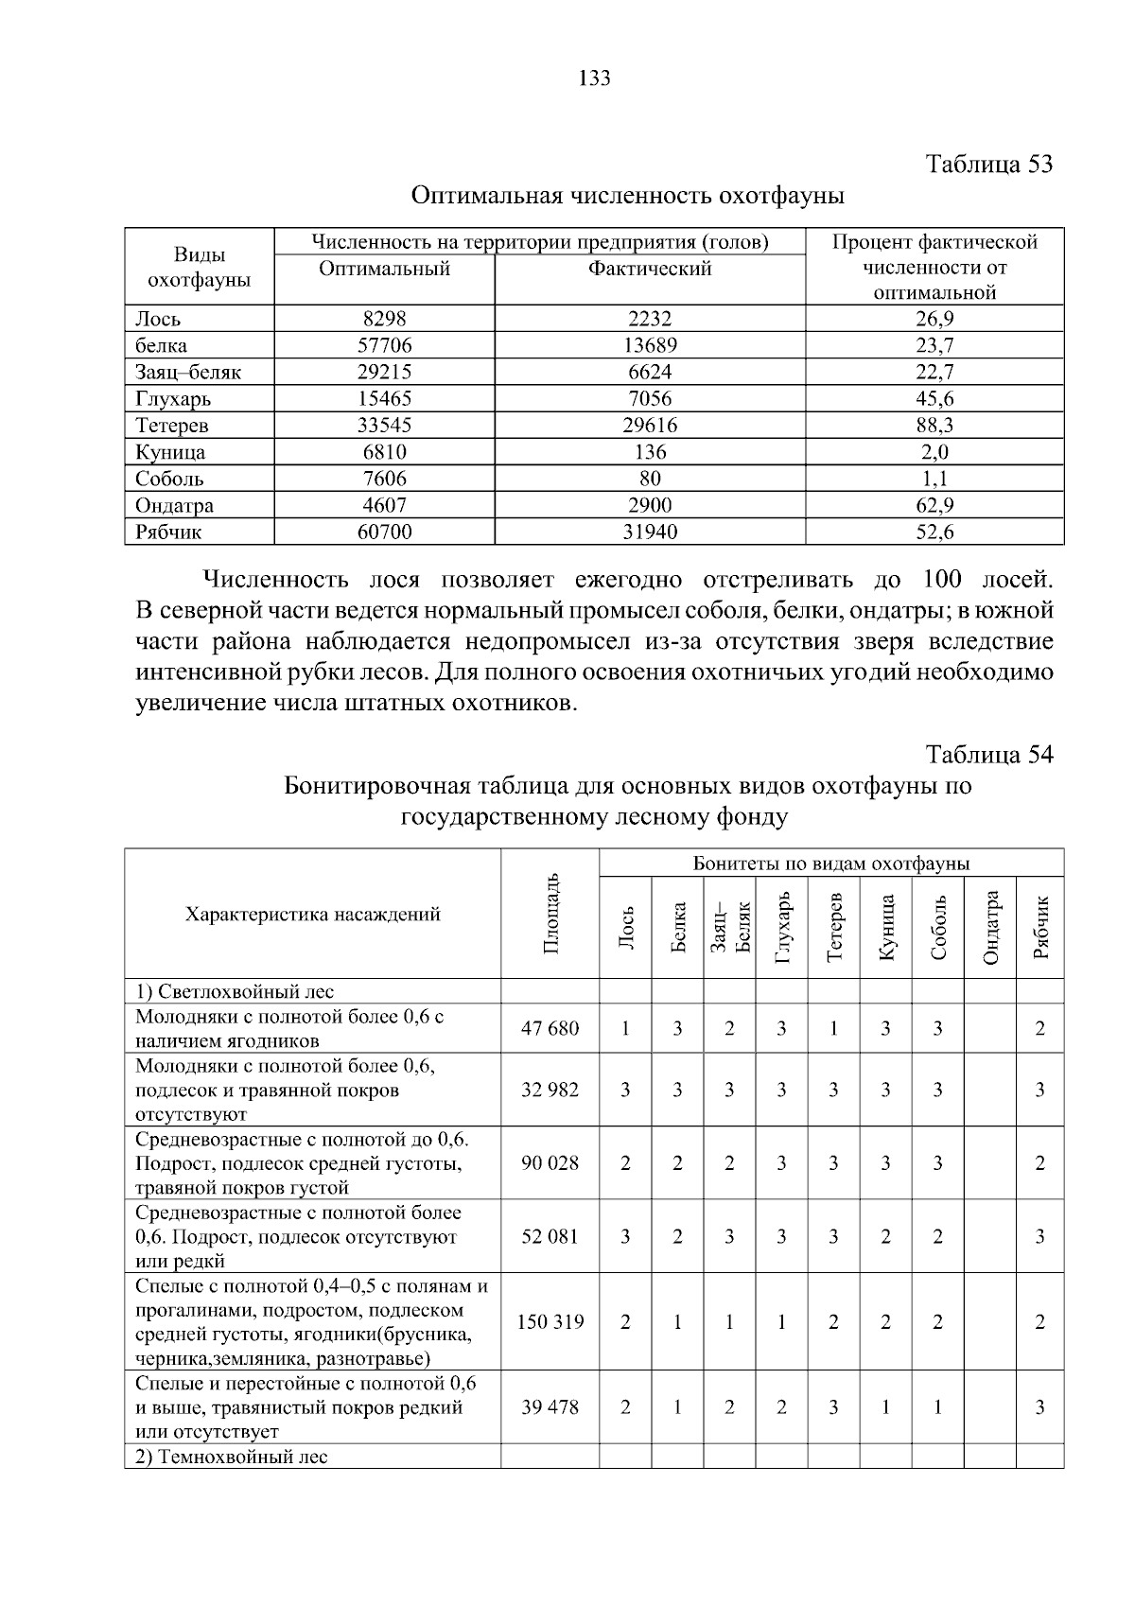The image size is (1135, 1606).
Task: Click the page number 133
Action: (594, 79)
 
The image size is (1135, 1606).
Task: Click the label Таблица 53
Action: (988, 164)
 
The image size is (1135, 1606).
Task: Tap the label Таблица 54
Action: (988, 754)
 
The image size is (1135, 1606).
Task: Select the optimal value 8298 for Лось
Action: (384, 319)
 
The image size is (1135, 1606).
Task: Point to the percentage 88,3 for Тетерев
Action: (934, 426)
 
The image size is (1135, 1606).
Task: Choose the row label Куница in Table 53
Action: (170, 452)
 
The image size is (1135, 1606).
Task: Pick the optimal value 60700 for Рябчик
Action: (384, 532)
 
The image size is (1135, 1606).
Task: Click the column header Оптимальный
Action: (384, 269)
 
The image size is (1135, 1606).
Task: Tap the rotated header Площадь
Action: (551, 915)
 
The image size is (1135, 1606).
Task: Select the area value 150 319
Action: (550, 1322)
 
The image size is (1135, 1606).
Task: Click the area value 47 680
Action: (550, 1028)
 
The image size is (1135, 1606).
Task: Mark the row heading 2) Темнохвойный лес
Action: (231, 1457)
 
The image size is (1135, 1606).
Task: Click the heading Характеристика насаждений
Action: (312, 915)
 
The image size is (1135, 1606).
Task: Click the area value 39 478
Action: (550, 1407)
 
